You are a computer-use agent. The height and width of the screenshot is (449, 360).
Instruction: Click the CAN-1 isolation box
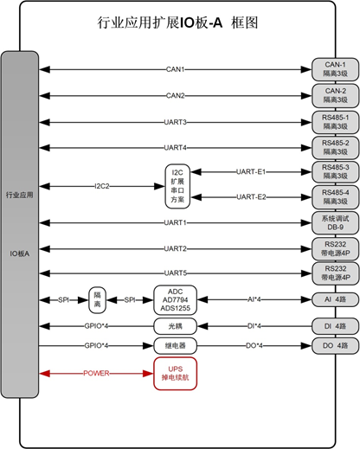[334, 70]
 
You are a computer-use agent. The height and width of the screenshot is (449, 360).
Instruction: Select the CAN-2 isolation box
[334, 95]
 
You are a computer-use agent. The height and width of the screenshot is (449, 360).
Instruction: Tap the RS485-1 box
[334, 120]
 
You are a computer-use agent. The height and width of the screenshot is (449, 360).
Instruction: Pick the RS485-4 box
[334, 196]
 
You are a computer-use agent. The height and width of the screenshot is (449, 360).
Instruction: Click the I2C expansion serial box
[178, 186]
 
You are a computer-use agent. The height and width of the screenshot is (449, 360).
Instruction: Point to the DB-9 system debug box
[334, 222]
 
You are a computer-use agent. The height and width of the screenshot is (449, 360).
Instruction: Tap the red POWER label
[96, 375]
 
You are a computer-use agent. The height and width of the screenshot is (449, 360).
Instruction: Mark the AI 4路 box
[334, 299]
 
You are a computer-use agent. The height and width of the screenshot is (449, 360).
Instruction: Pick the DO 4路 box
[334, 345]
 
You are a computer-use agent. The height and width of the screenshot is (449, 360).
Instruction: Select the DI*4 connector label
[256, 325]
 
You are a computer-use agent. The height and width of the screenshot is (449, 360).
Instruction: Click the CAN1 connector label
[177, 69]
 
